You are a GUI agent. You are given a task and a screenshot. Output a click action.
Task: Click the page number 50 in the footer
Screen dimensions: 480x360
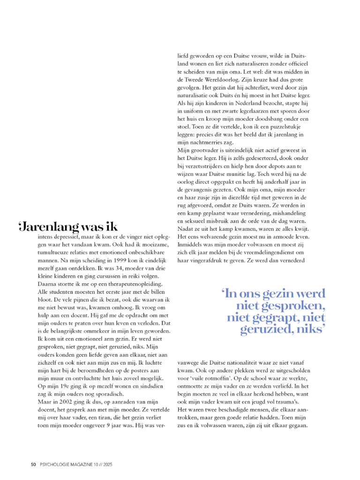pos(33,465)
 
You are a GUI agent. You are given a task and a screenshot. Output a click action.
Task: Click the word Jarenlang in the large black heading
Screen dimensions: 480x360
pos(52,227)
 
